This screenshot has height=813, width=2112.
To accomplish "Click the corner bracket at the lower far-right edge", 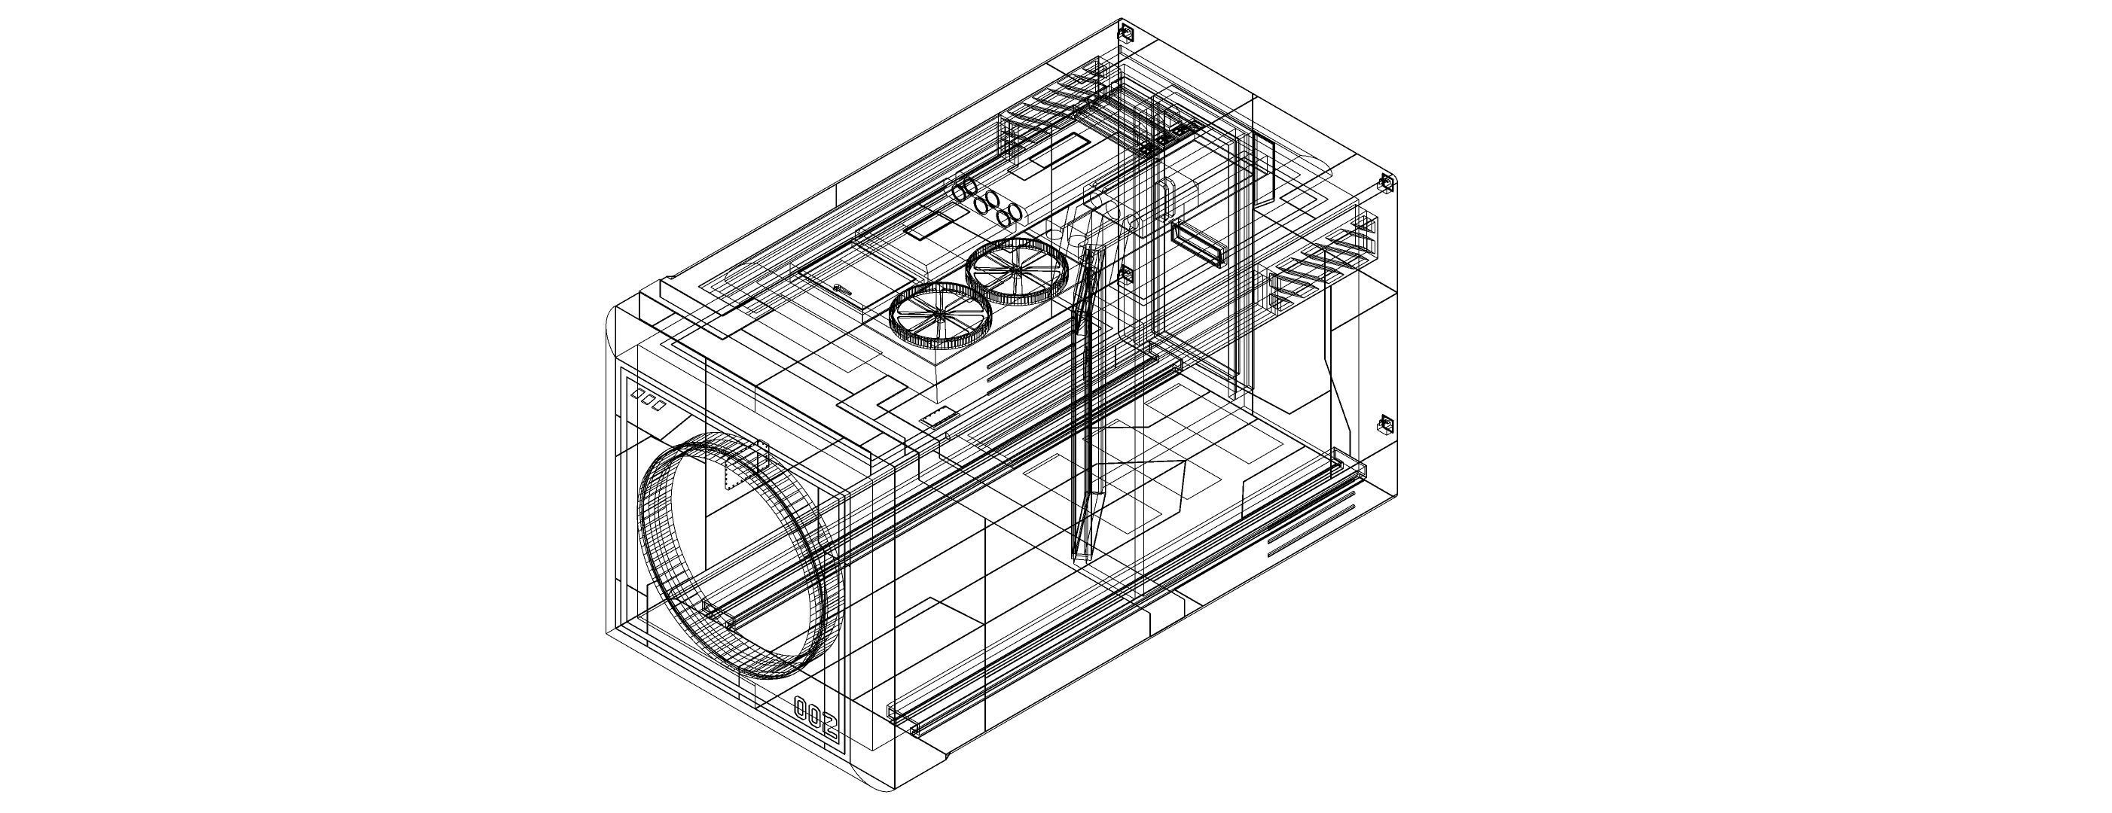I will pos(1384,424).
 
